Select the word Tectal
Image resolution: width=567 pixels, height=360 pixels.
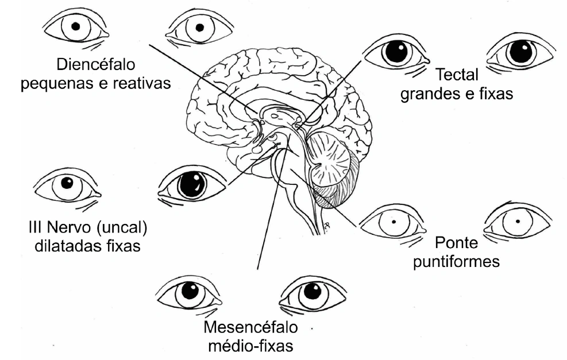tap(458, 75)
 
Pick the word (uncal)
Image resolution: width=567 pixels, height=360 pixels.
tap(122, 228)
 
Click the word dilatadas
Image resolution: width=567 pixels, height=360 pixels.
tap(68, 247)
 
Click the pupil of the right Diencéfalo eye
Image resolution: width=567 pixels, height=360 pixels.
tap(199, 27)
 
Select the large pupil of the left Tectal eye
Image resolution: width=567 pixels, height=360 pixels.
tap(395, 53)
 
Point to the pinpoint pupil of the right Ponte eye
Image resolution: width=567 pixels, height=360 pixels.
tap(518, 220)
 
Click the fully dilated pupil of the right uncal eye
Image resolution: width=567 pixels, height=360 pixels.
tap(191, 185)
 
